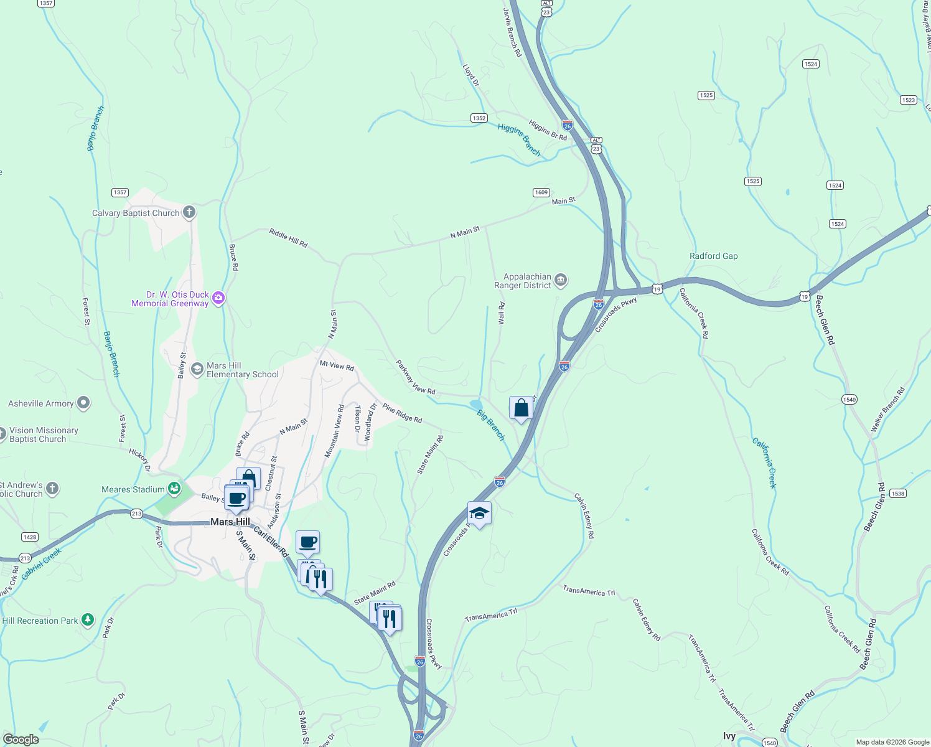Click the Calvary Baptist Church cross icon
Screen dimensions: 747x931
click(x=189, y=212)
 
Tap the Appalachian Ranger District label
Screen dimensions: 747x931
click(x=523, y=281)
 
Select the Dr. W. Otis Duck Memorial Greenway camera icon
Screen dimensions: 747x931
click(x=218, y=298)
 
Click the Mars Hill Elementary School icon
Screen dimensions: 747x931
click(x=197, y=369)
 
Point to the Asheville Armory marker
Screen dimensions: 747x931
click(x=83, y=403)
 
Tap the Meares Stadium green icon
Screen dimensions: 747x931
click(x=175, y=489)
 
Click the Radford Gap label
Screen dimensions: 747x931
click(x=713, y=256)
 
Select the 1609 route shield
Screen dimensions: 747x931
click(x=541, y=192)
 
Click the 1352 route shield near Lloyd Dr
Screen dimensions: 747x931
click(x=479, y=118)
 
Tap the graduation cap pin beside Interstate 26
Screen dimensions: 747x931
click(x=479, y=514)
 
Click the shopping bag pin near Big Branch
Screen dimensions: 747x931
click(x=521, y=408)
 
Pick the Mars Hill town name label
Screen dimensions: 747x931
click(x=230, y=522)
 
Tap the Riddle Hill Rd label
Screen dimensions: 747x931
click(x=288, y=238)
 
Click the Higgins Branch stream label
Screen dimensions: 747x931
click(x=519, y=139)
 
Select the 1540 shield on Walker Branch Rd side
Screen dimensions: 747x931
click(x=849, y=399)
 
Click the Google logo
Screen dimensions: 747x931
click(x=21, y=739)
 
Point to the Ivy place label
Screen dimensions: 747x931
click(x=729, y=736)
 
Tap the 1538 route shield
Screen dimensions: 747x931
click(x=897, y=493)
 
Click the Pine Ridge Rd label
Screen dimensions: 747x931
click(x=402, y=413)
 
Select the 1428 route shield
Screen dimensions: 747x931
click(x=29, y=537)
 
